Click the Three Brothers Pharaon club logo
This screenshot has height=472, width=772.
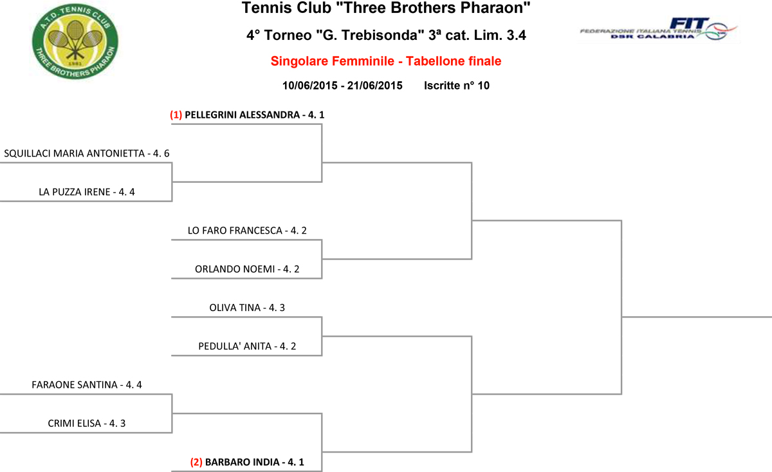coord(75,42)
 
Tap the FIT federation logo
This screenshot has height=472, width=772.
coord(659,30)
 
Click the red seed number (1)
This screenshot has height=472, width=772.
coord(176,115)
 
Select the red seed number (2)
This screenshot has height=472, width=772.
coord(196,462)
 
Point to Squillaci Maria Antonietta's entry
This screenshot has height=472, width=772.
coord(86,153)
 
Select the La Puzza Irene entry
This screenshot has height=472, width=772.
coord(86,192)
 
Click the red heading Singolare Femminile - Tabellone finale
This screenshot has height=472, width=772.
coord(385,61)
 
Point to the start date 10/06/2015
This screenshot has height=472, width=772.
coord(310,86)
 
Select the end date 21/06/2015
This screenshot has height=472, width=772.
coord(374,86)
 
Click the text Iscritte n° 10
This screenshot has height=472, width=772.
coord(457,86)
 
